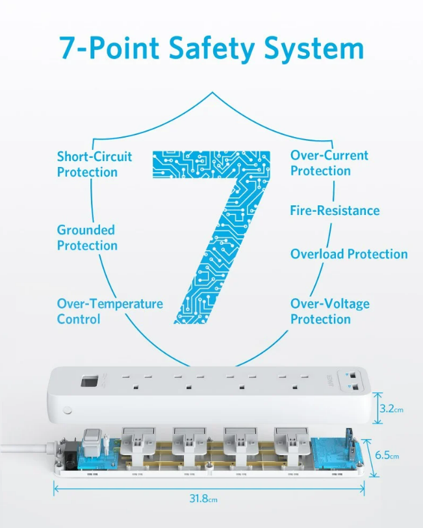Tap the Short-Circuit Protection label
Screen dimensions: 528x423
[94, 164]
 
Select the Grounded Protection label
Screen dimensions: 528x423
[87, 238]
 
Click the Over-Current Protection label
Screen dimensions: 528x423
[329, 163]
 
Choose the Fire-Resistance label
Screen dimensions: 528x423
[335, 210]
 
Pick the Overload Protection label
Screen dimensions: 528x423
[349, 254]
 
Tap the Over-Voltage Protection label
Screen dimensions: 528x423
[329, 311]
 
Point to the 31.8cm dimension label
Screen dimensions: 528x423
[203, 499]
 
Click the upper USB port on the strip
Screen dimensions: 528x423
[352, 376]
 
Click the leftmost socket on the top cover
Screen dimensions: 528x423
[135, 381]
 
